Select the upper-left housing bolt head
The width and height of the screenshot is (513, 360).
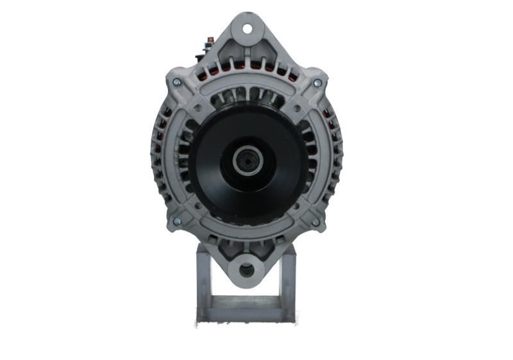point(176,82)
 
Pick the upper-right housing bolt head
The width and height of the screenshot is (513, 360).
point(317,83)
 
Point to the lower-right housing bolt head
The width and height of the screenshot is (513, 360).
point(315,222)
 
